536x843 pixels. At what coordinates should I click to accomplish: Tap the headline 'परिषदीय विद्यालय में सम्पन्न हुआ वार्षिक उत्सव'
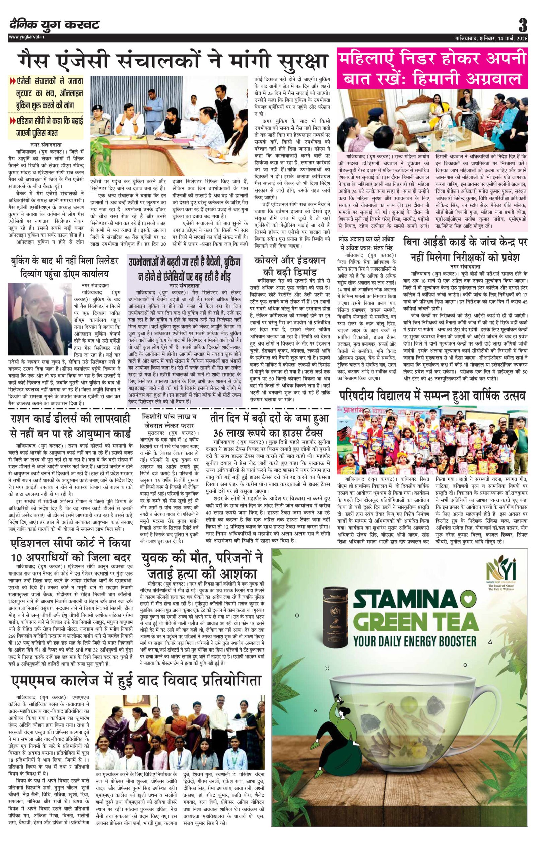tap(432, 396)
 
